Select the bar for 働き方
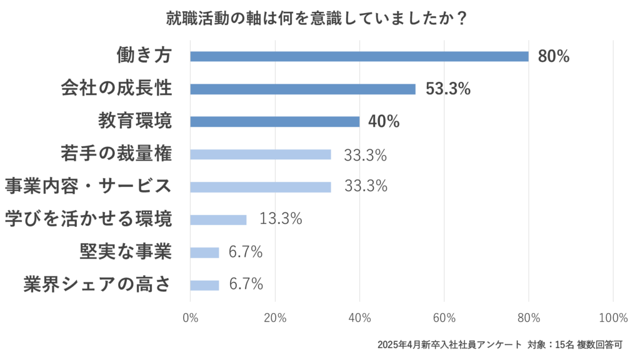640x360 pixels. click(x=359, y=56)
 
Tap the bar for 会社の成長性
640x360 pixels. click(x=302, y=89)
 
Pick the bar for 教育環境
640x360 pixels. click(x=275, y=122)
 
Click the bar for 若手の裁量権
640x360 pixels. click(x=261, y=154)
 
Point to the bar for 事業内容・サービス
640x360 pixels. click(x=261, y=187)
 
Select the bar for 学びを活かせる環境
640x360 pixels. click(x=218, y=220)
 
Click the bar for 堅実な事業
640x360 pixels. click(x=204, y=252)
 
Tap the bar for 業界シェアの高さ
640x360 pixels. click(x=204, y=285)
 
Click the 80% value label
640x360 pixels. click(x=554, y=56)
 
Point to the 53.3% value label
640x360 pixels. click(x=447, y=89)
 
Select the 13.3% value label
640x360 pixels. click(x=281, y=219)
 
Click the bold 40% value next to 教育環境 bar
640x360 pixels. click(x=384, y=122)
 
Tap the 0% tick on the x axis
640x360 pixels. click(x=190, y=317)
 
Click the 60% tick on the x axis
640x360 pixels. click(x=444, y=317)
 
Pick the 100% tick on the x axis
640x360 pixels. click(x=612, y=317)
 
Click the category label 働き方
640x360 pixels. click(x=144, y=56)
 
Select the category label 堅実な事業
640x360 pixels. click(x=126, y=252)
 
